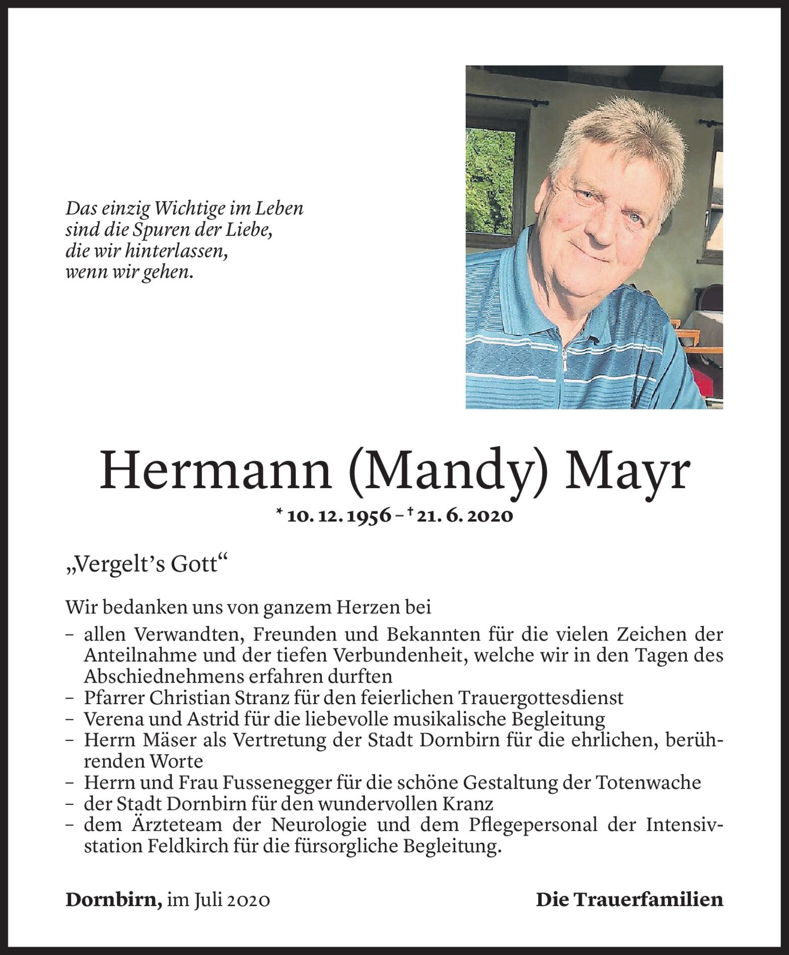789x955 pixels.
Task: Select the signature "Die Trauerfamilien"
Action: coord(629,900)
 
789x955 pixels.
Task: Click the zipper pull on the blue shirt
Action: coord(565,360)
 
